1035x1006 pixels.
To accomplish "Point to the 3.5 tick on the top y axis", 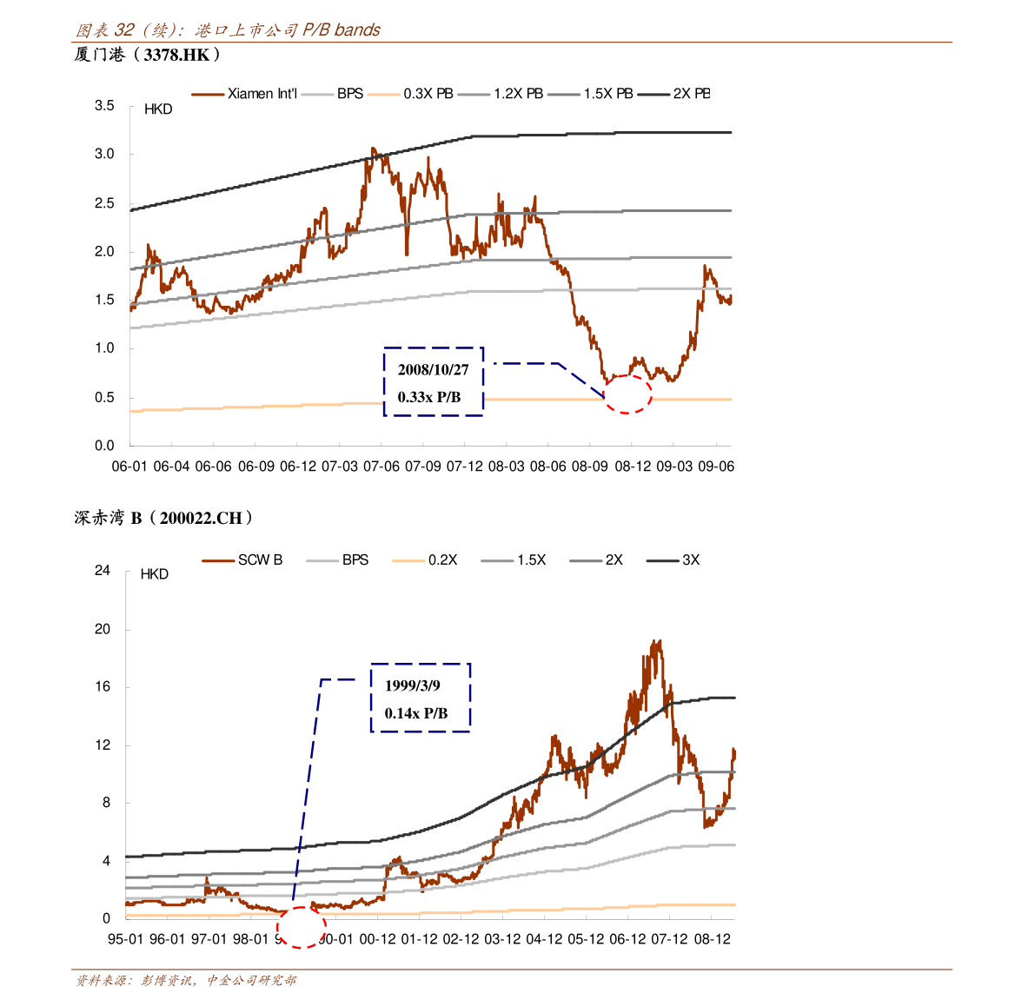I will click(x=104, y=106).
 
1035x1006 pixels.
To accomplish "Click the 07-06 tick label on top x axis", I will click(x=381, y=467).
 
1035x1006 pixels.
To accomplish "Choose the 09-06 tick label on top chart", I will click(x=716, y=467).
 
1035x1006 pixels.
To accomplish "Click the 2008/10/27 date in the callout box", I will click(x=433, y=370).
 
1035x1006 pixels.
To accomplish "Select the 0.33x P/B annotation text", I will click(x=429, y=397).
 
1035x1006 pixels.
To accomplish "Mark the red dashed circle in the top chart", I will click(x=627, y=394).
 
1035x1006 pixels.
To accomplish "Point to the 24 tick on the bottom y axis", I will click(x=103, y=571).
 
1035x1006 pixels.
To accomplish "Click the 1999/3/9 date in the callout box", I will click(x=413, y=685).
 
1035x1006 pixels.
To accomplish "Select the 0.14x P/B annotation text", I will click(x=416, y=713).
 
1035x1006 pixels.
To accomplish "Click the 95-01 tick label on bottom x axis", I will click(x=125, y=939).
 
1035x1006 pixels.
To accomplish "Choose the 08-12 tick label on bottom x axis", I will click(x=711, y=939).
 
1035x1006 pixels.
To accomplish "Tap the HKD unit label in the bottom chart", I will click(x=155, y=574).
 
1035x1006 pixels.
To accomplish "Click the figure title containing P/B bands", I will click(x=228, y=30).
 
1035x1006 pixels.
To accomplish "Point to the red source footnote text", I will click(x=186, y=981).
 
